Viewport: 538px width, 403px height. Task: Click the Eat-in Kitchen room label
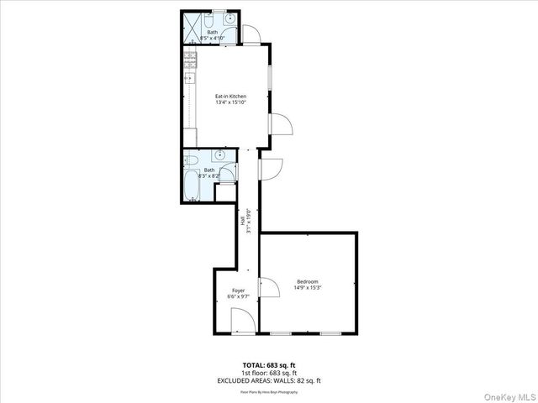pyautogui.click(x=230, y=97)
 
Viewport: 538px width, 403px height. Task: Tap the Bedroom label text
pyautogui.click(x=308, y=281)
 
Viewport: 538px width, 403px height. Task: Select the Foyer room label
pyautogui.click(x=240, y=290)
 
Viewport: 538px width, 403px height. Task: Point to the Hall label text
pyautogui.click(x=243, y=221)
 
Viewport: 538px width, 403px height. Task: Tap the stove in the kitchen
pyautogui.click(x=190, y=60)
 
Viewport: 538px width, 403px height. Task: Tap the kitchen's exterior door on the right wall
pyautogui.click(x=281, y=125)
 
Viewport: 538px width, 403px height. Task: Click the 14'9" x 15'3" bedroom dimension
pyautogui.click(x=308, y=288)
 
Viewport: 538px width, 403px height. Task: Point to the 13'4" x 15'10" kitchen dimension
pyautogui.click(x=230, y=103)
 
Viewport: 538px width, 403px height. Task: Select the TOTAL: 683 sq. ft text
pyautogui.click(x=269, y=364)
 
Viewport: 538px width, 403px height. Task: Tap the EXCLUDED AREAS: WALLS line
pyautogui.click(x=269, y=380)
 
